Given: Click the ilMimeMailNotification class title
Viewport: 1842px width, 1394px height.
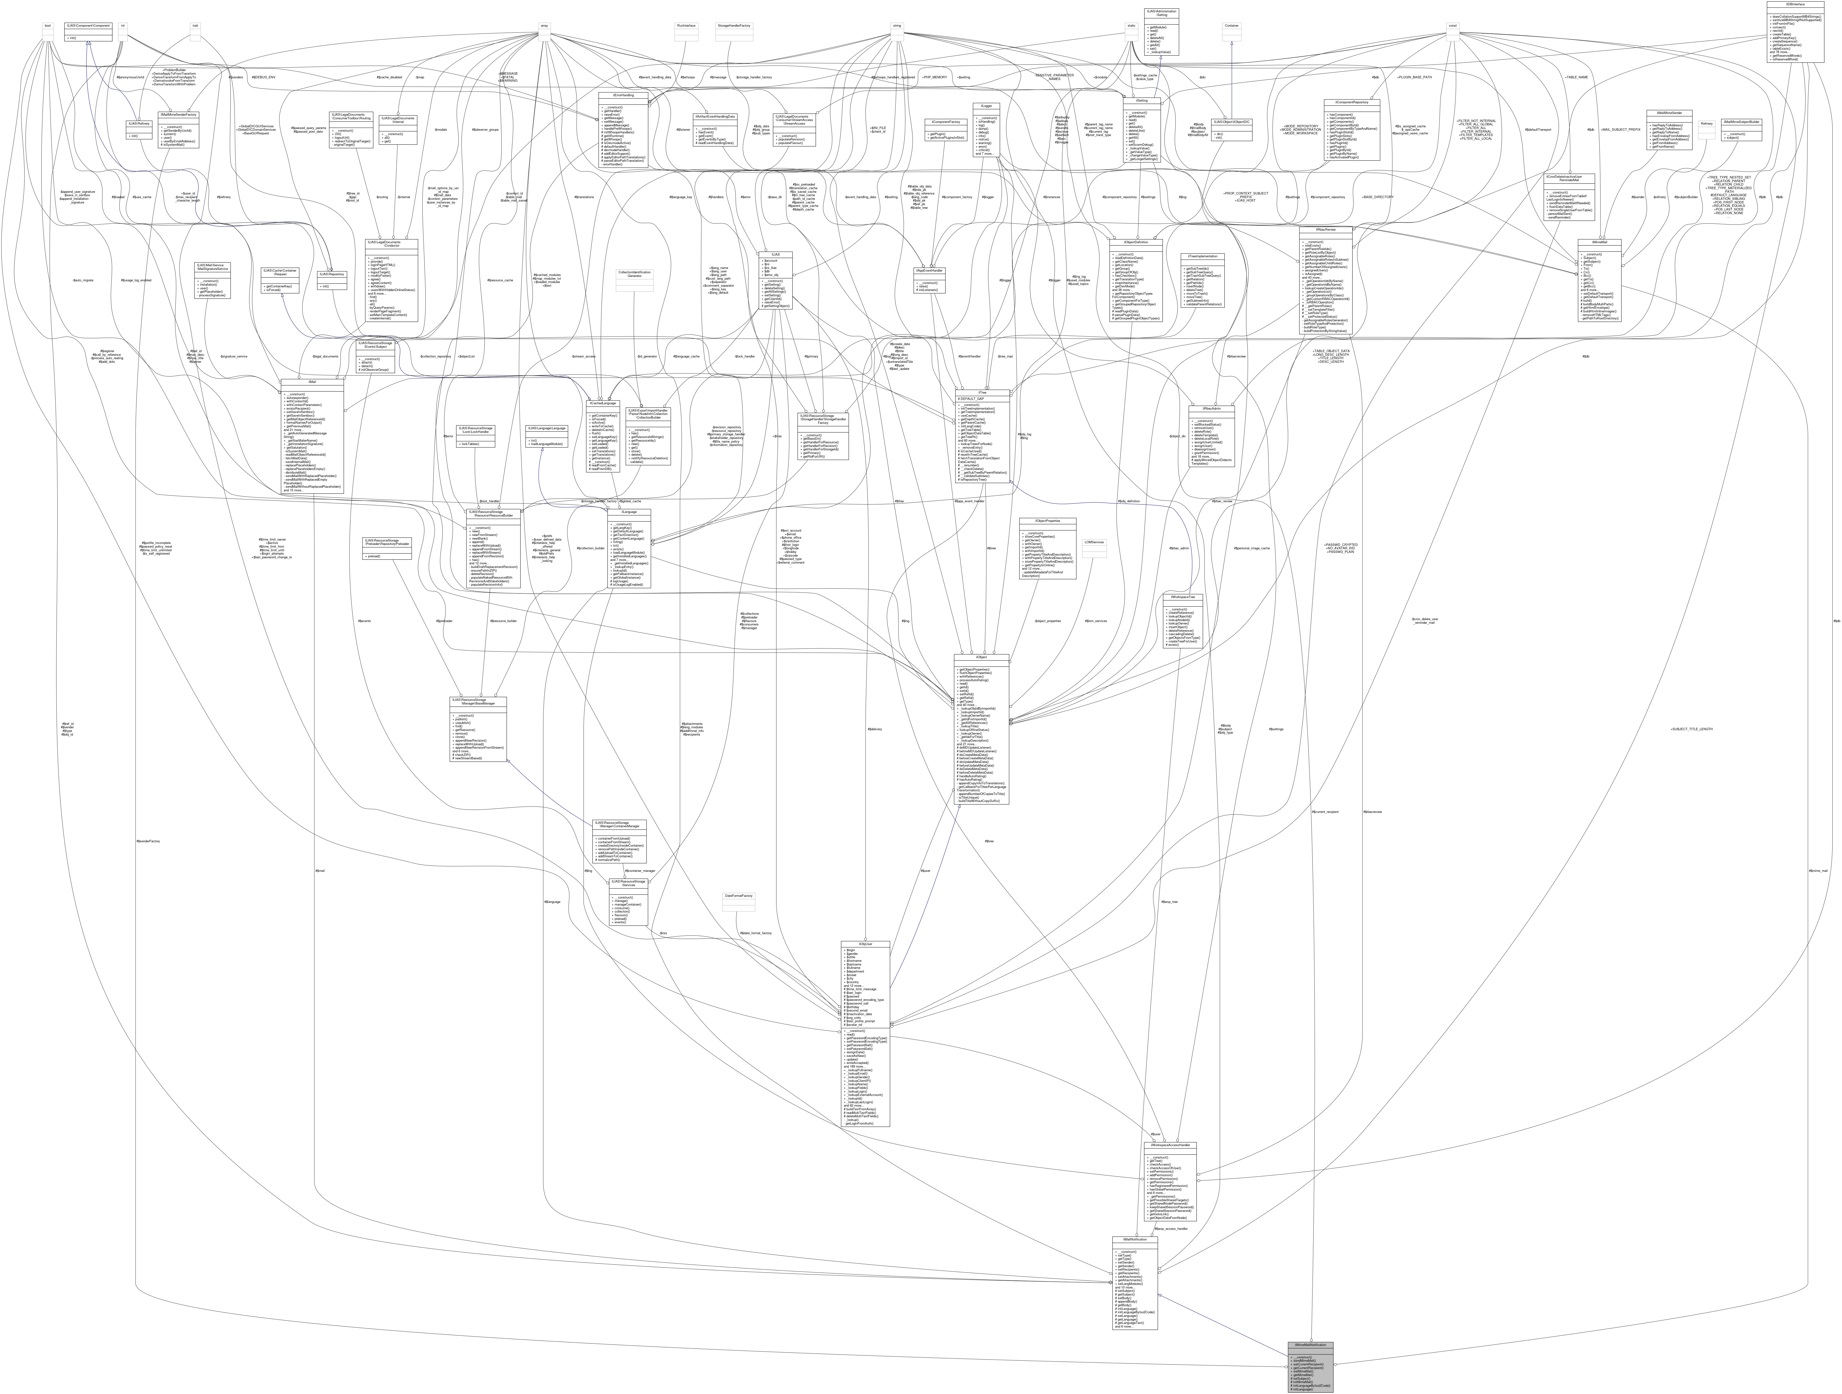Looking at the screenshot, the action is (1310, 1345).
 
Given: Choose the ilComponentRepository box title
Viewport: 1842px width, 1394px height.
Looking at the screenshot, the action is (1351, 102).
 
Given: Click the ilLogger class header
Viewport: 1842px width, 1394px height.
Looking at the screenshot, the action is (985, 105).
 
